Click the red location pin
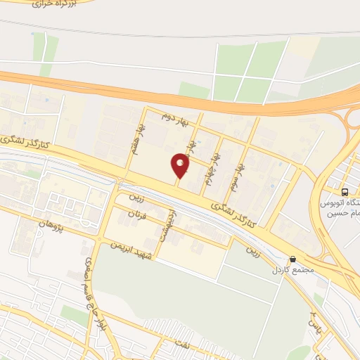pyautogui.click(x=181, y=165)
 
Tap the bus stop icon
pyautogui.click(x=345, y=192)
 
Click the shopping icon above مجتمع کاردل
pyautogui.click(x=292, y=259)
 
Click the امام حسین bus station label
pyautogui.click(x=336, y=208)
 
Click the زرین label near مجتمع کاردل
pyautogui.click(x=252, y=250)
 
